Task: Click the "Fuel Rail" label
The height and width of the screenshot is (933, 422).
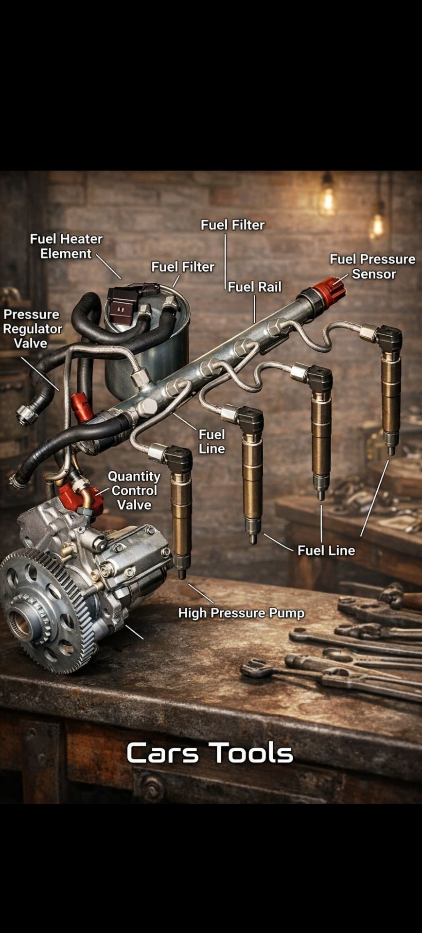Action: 254,287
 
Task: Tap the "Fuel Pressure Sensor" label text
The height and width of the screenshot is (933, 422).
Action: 372,266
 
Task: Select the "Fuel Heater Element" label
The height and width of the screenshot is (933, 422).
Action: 66,246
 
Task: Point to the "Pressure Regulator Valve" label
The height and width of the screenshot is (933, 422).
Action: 32,328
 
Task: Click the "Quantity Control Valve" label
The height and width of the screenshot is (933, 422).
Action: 134,490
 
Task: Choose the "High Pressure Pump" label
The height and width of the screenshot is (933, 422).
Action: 241,613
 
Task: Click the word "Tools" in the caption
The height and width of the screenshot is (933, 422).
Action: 252,753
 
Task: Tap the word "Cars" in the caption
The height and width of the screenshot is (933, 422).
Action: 162,753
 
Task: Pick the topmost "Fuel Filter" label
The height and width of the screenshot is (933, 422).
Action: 232,225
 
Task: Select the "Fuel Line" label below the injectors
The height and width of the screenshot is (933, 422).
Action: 326,551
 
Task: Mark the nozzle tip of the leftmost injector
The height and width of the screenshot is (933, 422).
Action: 182,574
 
